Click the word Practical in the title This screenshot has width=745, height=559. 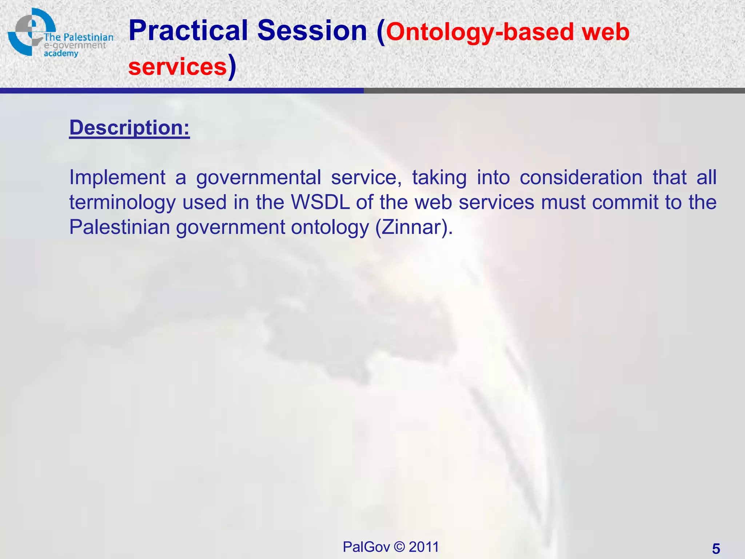tap(188, 31)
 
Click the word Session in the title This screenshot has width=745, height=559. tap(312, 31)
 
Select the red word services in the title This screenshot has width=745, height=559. tap(178, 67)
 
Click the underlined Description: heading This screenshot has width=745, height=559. tap(130, 128)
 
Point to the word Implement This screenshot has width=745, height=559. tap(117, 178)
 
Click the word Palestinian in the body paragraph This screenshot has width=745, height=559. tap(119, 227)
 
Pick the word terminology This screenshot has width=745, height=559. tap(122, 203)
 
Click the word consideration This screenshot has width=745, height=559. tap(581, 178)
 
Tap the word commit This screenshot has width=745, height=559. tap(625, 202)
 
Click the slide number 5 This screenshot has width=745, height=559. tap(716, 548)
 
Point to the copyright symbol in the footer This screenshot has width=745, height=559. tap(399, 547)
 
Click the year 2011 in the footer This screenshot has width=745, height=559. tap(424, 547)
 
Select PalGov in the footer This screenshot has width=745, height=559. tap(366, 547)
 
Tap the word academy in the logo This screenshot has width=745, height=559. tap(61, 53)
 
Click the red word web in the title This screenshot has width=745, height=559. tap(605, 32)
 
